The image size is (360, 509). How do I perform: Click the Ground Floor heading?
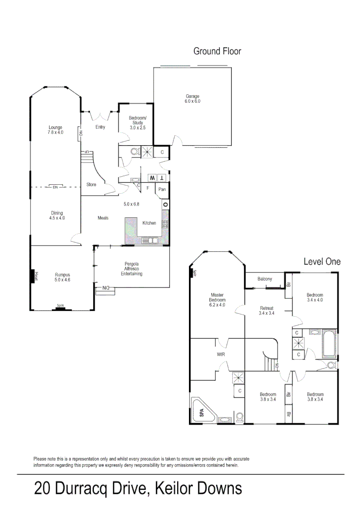[217, 51]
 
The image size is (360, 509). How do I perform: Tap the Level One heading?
[322, 262]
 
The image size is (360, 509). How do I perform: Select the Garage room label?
[192, 99]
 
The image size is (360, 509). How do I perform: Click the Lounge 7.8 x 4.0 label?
[55, 130]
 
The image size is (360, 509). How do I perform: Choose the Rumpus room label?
[62, 277]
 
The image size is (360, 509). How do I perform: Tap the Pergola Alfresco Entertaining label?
[131, 269]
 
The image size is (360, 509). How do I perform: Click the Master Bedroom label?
[218, 300]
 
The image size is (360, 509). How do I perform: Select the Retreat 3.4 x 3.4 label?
[267, 311]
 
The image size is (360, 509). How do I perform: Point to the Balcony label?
[265, 279]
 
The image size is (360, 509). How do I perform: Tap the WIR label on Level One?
[220, 354]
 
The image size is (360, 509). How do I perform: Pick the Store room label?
[91, 185]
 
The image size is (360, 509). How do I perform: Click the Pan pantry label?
[162, 189]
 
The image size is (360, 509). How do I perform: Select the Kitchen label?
[149, 223]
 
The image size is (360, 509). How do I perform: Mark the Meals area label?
[103, 218]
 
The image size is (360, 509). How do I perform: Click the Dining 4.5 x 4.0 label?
[57, 215]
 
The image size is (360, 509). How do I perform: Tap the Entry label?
[100, 127]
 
